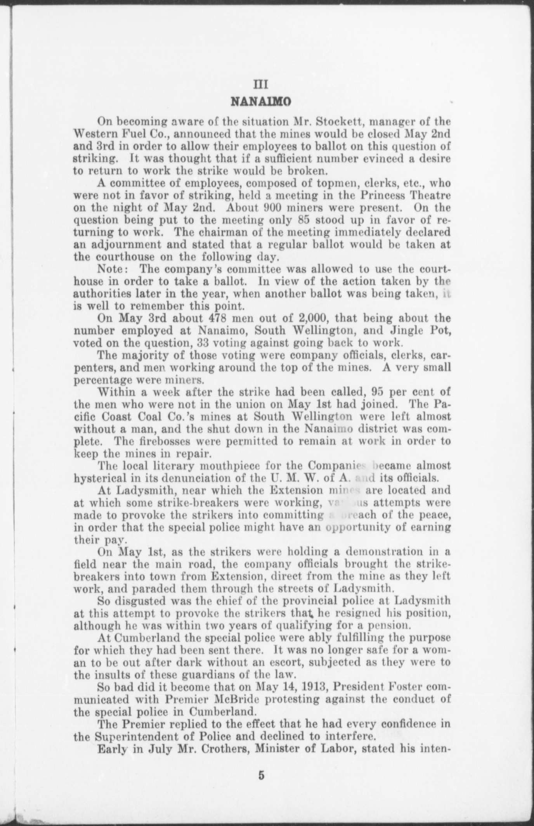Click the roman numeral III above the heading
pos(259,84)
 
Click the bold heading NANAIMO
pos(259,102)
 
